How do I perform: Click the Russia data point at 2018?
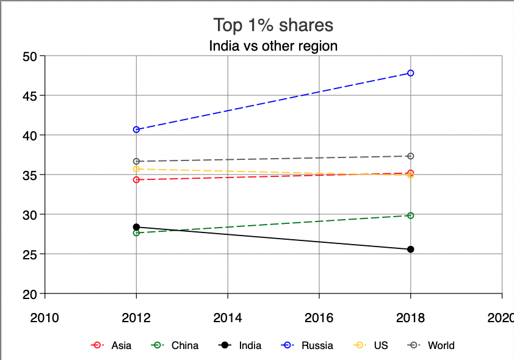(x=411, y=73)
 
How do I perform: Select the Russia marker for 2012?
(x=136, y=129)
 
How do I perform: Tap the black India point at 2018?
(x=411, y=249)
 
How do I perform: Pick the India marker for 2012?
(x=136, y=227)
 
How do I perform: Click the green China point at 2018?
(x=411, y=215)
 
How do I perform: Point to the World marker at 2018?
(x=411, y=156)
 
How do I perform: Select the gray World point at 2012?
(x=136, y=161)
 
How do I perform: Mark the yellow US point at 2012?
(x=136, y=169)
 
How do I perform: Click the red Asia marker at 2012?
(x=136, y=179)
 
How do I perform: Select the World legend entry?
(x=433, y=345)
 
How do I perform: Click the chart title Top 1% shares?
(x=273, y=26)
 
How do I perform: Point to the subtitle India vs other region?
(x=273, y=46)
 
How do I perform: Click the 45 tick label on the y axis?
(x=30, y=96)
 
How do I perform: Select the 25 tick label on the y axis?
(x=30, y=254)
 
